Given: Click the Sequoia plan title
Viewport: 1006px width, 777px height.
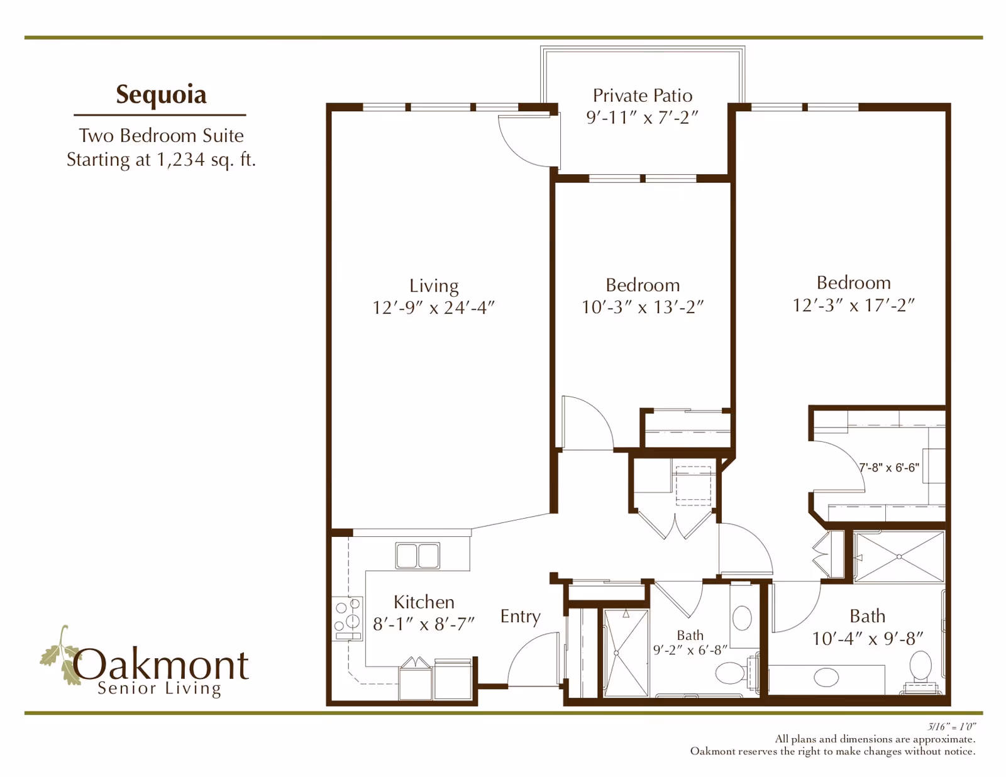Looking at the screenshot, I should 161,94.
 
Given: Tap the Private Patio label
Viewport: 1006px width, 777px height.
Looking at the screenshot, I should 642,96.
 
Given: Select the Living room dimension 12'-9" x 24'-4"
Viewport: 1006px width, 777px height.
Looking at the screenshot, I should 433,307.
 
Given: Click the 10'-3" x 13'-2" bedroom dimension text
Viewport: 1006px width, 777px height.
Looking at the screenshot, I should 642,307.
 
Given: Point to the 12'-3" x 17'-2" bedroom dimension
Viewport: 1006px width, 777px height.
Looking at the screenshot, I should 853,305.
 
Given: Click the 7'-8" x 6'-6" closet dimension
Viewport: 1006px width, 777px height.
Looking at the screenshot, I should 888,468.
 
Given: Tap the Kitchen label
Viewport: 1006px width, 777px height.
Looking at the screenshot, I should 424,602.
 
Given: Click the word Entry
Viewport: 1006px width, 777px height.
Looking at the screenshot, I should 520,616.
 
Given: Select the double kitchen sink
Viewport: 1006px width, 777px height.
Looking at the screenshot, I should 417,556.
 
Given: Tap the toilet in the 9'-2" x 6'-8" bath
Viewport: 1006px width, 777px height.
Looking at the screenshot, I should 731,675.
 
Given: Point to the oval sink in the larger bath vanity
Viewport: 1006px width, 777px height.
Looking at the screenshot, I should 826,677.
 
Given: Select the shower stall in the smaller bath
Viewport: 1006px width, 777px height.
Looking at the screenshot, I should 626,653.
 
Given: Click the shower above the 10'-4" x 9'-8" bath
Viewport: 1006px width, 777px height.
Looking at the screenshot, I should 899,557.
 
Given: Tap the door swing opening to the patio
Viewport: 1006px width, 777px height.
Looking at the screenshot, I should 527,143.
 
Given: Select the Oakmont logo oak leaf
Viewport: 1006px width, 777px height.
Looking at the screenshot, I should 60,657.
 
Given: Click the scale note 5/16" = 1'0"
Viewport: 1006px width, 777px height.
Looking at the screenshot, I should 951,727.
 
